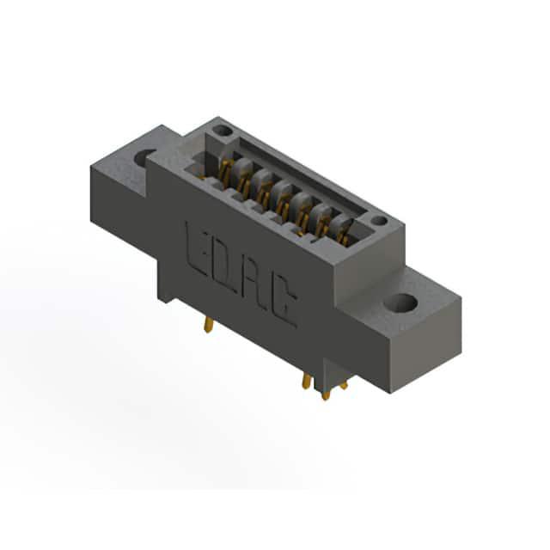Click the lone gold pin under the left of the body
pos(208,324)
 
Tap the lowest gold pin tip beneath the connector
pos(327,395)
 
